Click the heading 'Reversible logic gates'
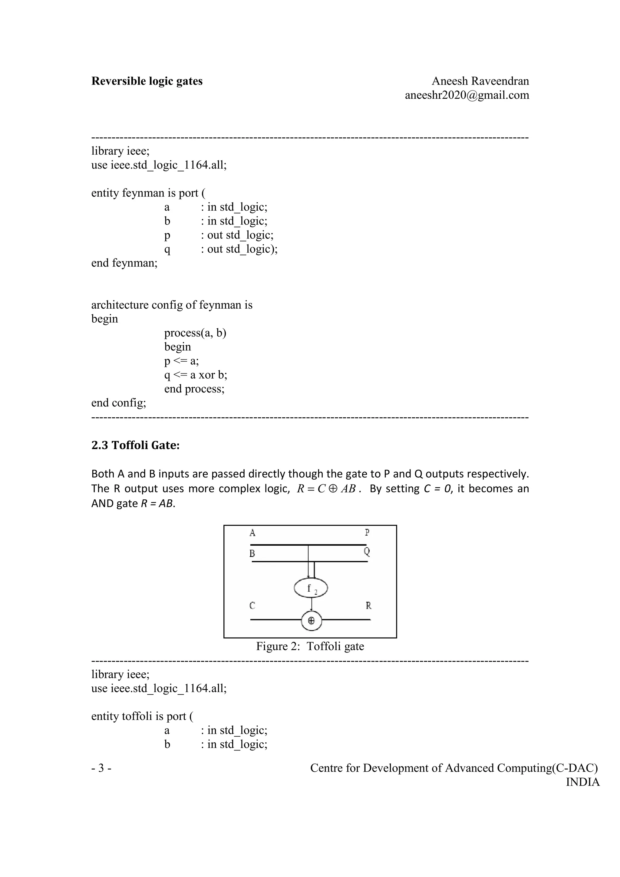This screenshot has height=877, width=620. click(x=147, y=81)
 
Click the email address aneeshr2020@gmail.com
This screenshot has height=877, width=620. click(x=467, y=95)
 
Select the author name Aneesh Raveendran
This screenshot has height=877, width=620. click(x=480, y=81)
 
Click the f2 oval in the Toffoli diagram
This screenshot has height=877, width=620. click(x=311, y=588)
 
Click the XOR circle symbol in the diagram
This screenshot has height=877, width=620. click(x=311, y=621)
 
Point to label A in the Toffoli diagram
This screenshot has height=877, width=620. click(x=252, y=533)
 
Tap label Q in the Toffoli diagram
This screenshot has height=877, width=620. click(x=367, y=552)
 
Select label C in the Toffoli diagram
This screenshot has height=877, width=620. click(x=252, y=606)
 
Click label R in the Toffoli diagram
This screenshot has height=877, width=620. click(x=368, y=606)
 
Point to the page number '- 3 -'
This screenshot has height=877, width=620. click(x=102, y=768)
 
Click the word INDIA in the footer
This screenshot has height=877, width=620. click(x=582, y=782)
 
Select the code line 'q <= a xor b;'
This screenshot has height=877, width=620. click(x=196, y=375)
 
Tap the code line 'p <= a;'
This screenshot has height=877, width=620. click(x=181, y=361)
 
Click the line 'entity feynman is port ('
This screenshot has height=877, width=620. click(x=148, y=193)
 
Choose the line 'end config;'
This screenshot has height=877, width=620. click(x=118, y=402)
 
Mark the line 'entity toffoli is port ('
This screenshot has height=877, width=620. click(x=142, y=716)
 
